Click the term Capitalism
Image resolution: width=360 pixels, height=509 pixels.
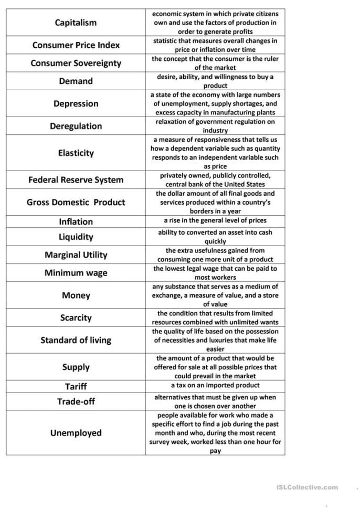click(76, 23)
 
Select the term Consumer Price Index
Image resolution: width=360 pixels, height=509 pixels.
click(76, 45)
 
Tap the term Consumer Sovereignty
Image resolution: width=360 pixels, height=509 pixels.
click(76, 63)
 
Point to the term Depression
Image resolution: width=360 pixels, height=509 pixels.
click(76, 103)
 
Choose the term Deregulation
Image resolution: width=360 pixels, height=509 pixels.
click(76, 126)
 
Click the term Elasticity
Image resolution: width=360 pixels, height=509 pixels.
click(76, 153)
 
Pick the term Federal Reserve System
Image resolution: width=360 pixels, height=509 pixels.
click(76, 179)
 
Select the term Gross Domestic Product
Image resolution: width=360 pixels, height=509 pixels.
click(76, 202)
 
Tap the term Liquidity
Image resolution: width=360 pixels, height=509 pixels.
click(76, 237)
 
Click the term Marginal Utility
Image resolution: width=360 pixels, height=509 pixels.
click(76, 254)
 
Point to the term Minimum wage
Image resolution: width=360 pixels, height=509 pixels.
click(76, 273)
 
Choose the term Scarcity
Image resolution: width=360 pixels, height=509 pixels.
click(76, 317)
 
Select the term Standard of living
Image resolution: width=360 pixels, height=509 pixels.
click(76, 340)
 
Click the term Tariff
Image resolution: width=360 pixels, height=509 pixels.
click(76, 387)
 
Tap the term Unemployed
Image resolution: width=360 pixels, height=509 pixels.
click(76, 433)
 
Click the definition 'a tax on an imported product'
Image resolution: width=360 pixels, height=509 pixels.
click(215, 385)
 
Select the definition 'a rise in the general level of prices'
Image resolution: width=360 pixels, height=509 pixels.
click(215, 220)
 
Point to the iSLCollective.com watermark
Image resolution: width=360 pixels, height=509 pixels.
click(307, 487)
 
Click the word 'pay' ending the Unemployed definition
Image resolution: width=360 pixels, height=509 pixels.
click(215, 451)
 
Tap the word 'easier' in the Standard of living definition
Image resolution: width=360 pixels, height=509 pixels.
click(215, 349)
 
